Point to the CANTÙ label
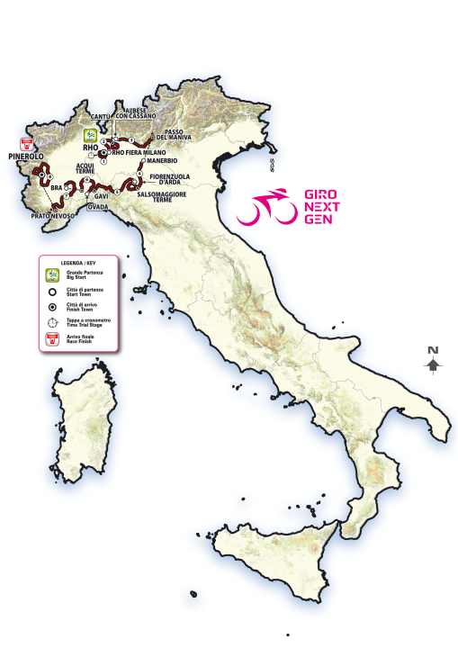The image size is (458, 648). pos(102,116)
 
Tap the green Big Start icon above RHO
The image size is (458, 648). pos(90,133)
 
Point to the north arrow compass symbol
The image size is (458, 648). pos(433,362)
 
